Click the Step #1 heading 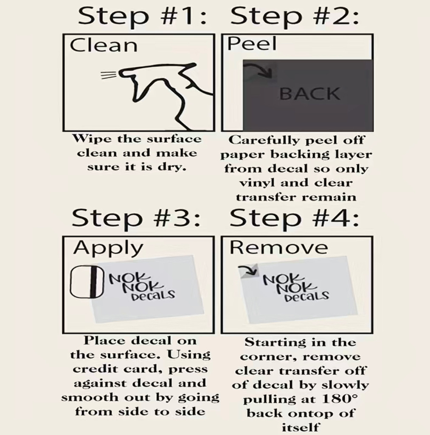point(142,16)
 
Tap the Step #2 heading point(295,16)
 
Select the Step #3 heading point(136,219)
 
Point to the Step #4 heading point(294,219)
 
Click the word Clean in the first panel point(104,45)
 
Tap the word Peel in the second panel point(252,44)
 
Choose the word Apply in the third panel point(108,248)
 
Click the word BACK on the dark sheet point(309,93)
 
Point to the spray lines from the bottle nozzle point(109,75)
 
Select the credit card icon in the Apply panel point(87,282)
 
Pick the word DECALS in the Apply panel point(153,296)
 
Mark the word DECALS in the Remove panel point(307,297)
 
